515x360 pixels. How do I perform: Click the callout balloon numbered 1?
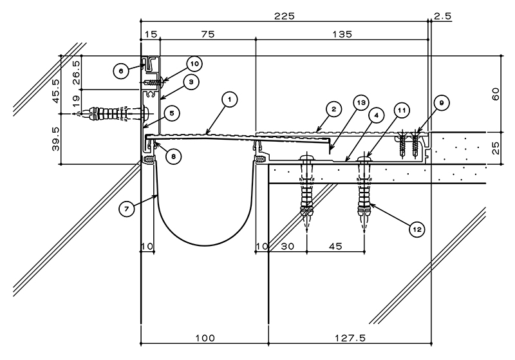(x=230, y=99)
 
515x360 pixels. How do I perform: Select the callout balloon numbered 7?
(x=127, y=209)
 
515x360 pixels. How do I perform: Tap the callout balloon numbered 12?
(x=417, y=229)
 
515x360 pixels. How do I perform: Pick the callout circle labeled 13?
(x=361, y=103)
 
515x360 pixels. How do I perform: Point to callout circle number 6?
(x=121, y=71)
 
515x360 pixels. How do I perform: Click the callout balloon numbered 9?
(x=442, y=103)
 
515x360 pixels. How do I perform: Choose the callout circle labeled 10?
(x=194, y=64)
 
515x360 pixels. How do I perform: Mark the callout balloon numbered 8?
(x=173, y=156)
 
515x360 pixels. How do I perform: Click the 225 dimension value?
(x=285, y=15)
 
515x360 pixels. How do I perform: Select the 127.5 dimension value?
(x=350, y=337)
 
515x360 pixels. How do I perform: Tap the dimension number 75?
(x=207, y=34)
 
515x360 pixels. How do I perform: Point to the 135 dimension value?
(x=342, y=34)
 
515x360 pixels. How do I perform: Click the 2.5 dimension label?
(x=442, y=15)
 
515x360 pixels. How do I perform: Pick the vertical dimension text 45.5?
(x=56, y=91)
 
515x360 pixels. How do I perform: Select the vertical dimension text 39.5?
(x=56, y=139)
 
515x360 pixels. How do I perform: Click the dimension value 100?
(x=205, y=337)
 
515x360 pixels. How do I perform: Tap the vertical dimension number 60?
(x=496, y=94)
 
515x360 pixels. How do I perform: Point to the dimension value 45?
(x=335, y=246)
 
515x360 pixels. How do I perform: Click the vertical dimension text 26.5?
(x=76, y=72)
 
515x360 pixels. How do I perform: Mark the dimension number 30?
(x=288, y=246)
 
